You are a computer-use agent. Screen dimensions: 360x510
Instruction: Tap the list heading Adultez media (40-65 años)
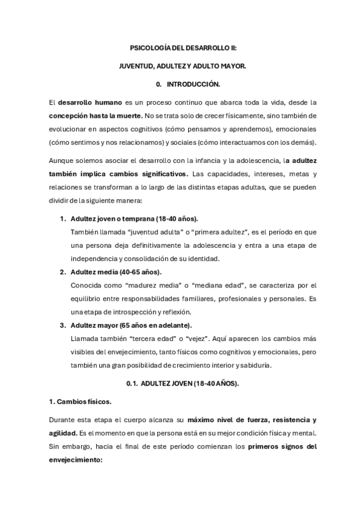[x=111, y=272]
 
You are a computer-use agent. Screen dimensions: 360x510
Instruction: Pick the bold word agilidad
[x=63, y=432]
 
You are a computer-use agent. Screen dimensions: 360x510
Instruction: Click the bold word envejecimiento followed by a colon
[x=74, y=459]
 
